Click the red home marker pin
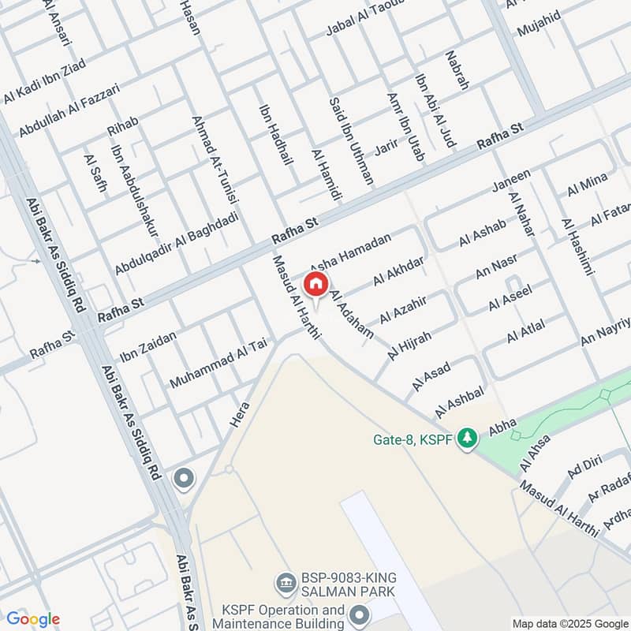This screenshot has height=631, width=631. [315, 284]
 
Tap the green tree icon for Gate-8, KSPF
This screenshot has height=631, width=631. [468, 436]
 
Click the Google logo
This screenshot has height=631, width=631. [33, 619]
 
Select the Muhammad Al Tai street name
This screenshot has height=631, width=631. [218, 364]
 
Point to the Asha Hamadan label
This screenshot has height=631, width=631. [350, 253]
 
